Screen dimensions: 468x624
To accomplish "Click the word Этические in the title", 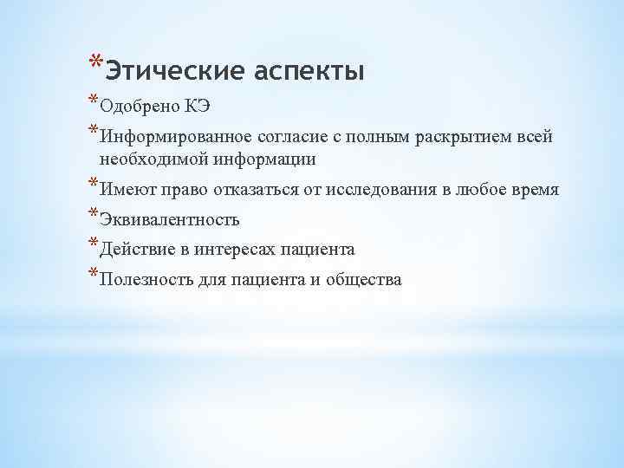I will pyautogui.click(x=165, y=69).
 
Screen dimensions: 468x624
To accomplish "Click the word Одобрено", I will pyautogui.click(x=139, y=107).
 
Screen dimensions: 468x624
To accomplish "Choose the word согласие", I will pyautogui.click(x=291, y=137).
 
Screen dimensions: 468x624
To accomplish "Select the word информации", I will pyautogui.click(x=257, y=159).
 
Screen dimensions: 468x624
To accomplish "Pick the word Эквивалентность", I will pyautogui.click(x=170, y=220).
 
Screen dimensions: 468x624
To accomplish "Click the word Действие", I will pyautogui.click(x=134, y=250).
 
